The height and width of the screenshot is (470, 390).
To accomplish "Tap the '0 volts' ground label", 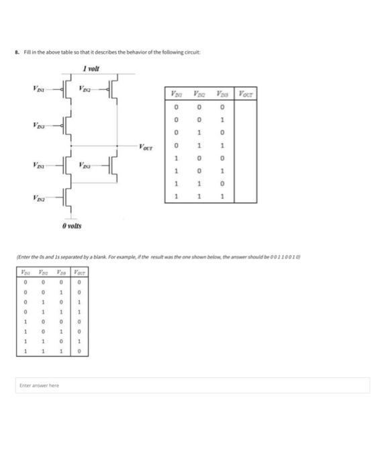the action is (x=71, y=226).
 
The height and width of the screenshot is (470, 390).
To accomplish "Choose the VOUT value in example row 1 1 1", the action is (x=78, y=351).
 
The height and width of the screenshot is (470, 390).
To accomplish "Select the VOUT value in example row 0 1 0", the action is (x=78, y=303).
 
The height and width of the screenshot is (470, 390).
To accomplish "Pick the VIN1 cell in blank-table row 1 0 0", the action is (x=176, y=159).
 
